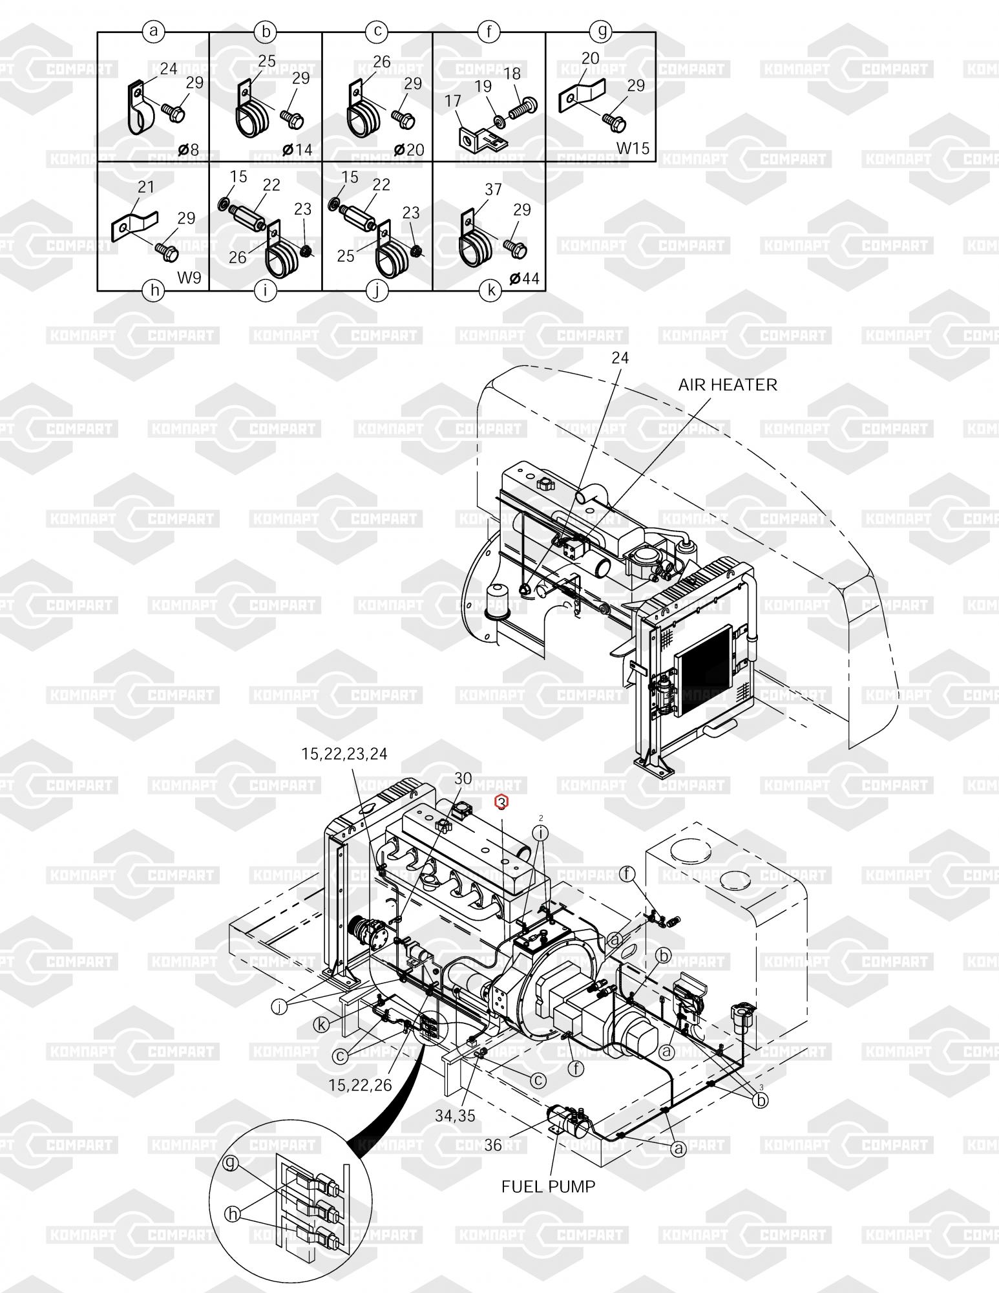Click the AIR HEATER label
tap(728, 385)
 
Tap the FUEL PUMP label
tap(549, 1186)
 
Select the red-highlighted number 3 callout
tap(502, 802)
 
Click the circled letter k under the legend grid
tap(490, 291)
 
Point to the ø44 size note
tap(524, 279)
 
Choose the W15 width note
tap(633, 148)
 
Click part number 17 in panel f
tap(453, 101)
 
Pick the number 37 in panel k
tap(493, 189)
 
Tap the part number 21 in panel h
tap(147, 187)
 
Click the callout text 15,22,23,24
tap(344, 754)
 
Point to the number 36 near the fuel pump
tap(493, 1145)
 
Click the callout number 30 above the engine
tap(463, 778)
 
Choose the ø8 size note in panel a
tap(188, 151)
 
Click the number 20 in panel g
tap(591, 58)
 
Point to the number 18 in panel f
tap(512, 73)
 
